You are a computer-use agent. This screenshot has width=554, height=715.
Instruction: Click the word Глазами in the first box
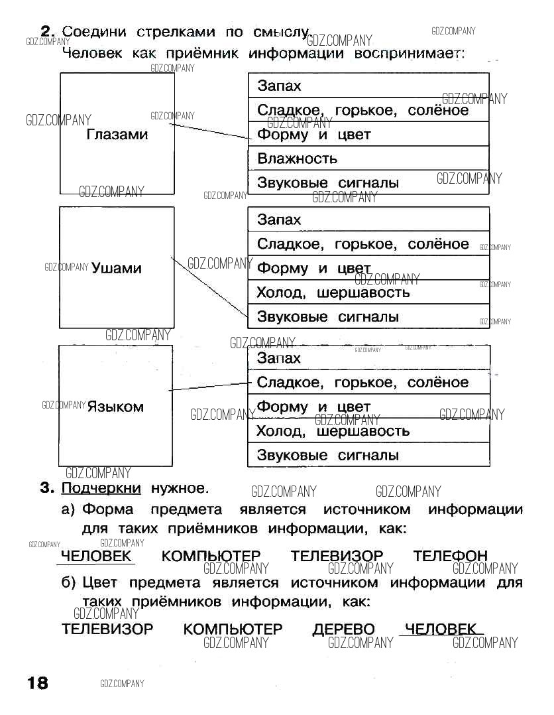pyautogui.click(x=117, y=135)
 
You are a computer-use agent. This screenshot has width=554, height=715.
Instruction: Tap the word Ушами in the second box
pyautogui.click(x=117, y=268)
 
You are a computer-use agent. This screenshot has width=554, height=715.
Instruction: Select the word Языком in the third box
pyautogui.click(x=115, y=407)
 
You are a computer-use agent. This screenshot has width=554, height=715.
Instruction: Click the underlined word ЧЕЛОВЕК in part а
pyautogui.click(x=96, y=556)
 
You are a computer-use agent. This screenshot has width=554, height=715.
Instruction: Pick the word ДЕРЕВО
pyautogui.click(x=343, y=629)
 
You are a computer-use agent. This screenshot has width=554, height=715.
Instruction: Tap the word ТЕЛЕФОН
pyautogui.click(x=450, y=556)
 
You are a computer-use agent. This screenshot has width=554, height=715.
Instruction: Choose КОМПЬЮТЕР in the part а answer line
pyautogui.click(x=211, y=556)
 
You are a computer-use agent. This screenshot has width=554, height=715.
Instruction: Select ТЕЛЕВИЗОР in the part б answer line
pyautogui.click(x=107, y=629)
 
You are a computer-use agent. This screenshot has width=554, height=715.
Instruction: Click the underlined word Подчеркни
pyautogui.click(x=101, y=489)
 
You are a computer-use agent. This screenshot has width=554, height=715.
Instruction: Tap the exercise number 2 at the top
pyautogui.click(x=46, y=31)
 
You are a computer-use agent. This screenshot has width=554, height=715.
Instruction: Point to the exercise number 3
pyautogui.click(x=46, y=489)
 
